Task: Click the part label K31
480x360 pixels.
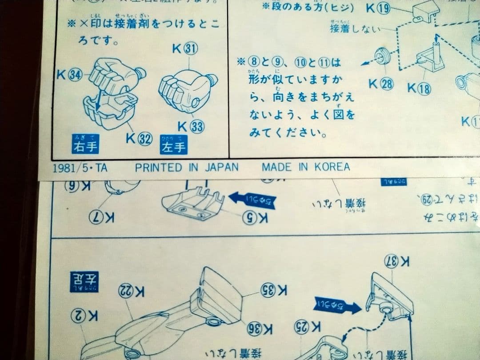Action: coord(185,50)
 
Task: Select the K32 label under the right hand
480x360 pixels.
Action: coord(139,138)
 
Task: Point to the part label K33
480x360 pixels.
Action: coord(191,126)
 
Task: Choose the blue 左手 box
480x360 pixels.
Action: coord(173,145)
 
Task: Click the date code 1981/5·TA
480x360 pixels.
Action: coord(80,168)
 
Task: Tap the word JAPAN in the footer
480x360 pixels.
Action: coord(221,167)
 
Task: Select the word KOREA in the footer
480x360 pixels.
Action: coord(332,167)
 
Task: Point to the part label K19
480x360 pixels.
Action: coord(378,8)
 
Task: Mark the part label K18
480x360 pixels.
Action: coord(419,88)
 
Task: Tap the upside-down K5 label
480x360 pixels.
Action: coord(255,218)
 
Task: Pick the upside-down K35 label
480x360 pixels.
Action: coord(274,292)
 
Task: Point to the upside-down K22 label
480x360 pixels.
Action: coord(132,291)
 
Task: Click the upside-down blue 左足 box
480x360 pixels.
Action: coord(84,281)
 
